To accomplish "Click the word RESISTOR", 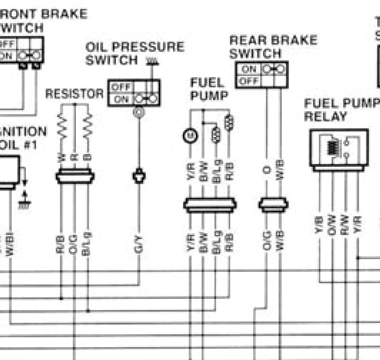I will coord(74,94).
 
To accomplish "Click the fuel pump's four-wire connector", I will coord(210,205).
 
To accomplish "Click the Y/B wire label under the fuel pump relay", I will coord(319,225).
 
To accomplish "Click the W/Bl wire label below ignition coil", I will coord(10,245).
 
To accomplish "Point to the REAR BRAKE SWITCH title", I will coord(273,47).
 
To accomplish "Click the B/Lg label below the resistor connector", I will coord(88,244).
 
